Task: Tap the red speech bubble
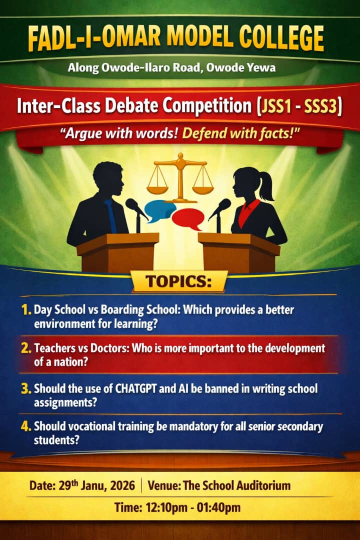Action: pos(187,218)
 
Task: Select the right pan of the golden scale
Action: pos(203,189)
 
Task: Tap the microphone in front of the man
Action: pos(134,205)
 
